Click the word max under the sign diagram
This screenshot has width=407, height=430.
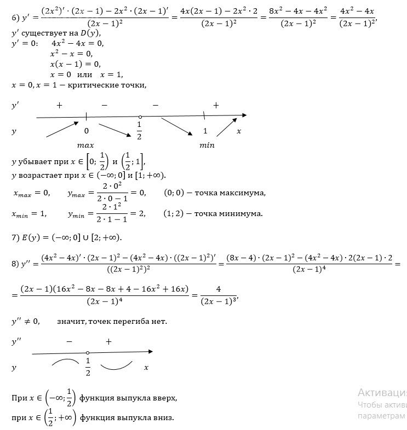click(x=86, y=146)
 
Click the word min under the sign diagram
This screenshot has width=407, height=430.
click(x=207, y=146)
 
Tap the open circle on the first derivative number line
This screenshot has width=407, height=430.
click(x=140, y=117)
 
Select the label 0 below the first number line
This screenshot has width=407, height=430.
click(x=86, y=131)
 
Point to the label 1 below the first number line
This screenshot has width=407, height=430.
click(x=205, y=131)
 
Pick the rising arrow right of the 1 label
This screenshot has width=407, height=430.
click(x=224, y=129)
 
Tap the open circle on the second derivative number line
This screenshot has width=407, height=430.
click(x=88, y=353)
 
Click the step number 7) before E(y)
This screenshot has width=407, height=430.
click(x=15, y=237)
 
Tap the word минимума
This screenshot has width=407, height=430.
click(x=241, y=213)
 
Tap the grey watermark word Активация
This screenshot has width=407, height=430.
click(x=382, y=393)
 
